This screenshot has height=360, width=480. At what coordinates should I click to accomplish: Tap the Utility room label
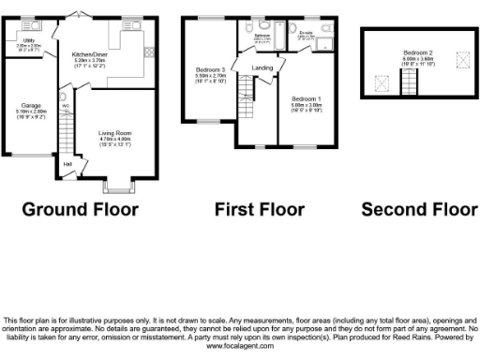coord(31,41)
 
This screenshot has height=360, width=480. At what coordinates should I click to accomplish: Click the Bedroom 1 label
coord(306,98)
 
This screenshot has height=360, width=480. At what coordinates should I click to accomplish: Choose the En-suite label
coord(306,33)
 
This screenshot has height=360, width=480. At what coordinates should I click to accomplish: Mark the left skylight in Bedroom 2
coord(382,82)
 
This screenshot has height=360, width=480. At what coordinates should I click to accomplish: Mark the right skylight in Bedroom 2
coord(459,59)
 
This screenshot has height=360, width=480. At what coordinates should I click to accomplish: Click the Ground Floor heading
coord(80,208)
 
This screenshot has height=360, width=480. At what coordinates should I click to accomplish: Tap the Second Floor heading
coord(417,208)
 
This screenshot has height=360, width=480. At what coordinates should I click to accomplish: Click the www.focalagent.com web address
coord(240,347)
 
